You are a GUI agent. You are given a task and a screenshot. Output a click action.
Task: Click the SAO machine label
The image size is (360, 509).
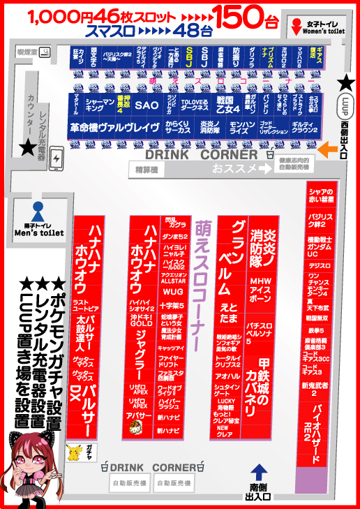click(x=147, y=105)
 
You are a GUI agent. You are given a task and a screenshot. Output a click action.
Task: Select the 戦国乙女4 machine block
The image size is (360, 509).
click(x=228, y=105)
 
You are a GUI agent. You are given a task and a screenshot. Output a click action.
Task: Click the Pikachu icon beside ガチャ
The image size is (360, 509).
click(x=73, y=450)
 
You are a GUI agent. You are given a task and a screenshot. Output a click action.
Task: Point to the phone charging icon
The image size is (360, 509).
click(x=57, y=156)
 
